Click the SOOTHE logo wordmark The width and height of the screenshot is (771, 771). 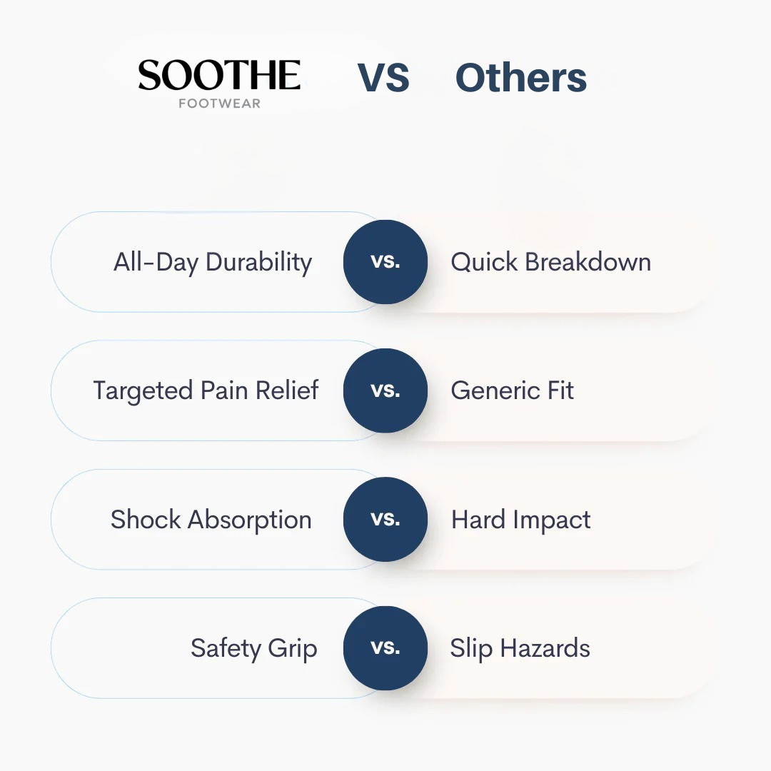[219, 75]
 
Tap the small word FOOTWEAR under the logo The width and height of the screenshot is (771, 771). [219, 104]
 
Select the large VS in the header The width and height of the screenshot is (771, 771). [383, 78]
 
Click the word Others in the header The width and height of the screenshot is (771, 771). [521, 78]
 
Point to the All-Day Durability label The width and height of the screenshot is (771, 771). [213, 262]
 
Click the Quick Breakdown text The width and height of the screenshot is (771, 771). [550, 261]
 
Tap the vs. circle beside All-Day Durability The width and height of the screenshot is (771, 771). [385, 261]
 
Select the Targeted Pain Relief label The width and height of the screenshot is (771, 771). [206, 391]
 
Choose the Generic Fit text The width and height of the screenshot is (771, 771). [513, 390]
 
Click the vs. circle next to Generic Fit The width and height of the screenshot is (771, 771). [385, 390]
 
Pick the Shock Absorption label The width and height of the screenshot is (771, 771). [211, 520]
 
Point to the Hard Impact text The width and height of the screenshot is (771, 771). [520, 520]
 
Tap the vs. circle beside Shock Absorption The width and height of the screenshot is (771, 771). [385, 519]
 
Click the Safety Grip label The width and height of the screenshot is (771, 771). [253, 648]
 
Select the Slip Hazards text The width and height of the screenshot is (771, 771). [520, 648]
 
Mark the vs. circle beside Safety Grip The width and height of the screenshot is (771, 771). [385, 648]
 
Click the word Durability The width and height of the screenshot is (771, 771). [259, 262]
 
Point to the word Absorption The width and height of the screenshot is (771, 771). [250, 520]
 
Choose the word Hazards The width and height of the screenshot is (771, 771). [545, 648]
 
